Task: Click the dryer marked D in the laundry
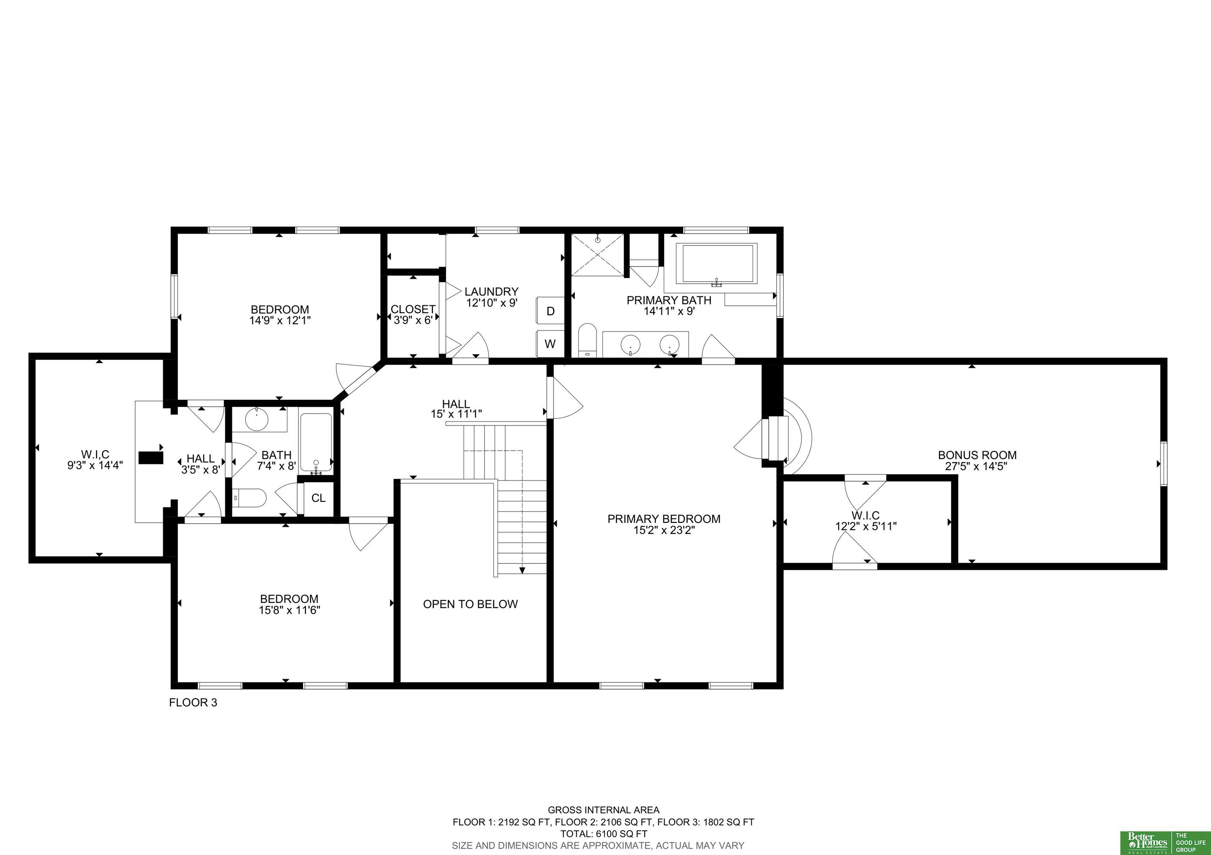[x=550, y=311]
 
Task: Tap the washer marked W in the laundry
[x=550, y=344]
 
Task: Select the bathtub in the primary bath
[x=720, y=264]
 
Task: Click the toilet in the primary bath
[x=587, y=340]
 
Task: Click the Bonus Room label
[x=977, y=455]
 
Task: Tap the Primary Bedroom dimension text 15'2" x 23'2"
[x=664, y=530]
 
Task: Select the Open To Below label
[x=470, y=604]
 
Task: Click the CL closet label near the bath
[x=319, y=498]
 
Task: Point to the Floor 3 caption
[x=193, y=703]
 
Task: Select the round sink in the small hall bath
[x=257, y=420]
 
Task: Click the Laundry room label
[x=492, y=292]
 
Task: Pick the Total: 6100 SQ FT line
[x=604, y=834]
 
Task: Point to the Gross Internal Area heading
[x=604, y=810]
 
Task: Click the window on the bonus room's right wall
[x=1164, y=463]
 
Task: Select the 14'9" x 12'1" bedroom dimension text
[x=280, y=320]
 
